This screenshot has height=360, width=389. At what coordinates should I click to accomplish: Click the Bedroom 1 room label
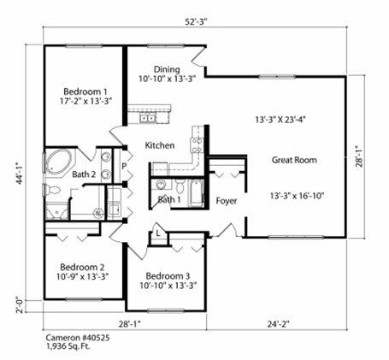click(x=85, y=91)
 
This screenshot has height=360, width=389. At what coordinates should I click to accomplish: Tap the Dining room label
click(x=167, y=69)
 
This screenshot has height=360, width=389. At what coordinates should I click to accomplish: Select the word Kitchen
click(x=160, y=145)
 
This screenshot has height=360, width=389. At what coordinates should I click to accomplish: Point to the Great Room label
click(x=295, y=160)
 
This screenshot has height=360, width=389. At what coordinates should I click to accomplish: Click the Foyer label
click(x=226, y=201)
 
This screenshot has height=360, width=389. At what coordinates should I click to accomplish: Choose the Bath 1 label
click(x=169, y=200)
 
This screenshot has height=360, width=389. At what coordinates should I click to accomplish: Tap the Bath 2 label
click(x=84, y=174)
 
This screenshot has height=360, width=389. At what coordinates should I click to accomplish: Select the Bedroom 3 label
click(x=168, y=276)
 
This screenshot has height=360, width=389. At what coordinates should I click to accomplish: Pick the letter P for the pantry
click(x=124, y=166)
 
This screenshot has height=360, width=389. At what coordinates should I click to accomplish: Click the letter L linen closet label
click(x=158, y=233)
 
